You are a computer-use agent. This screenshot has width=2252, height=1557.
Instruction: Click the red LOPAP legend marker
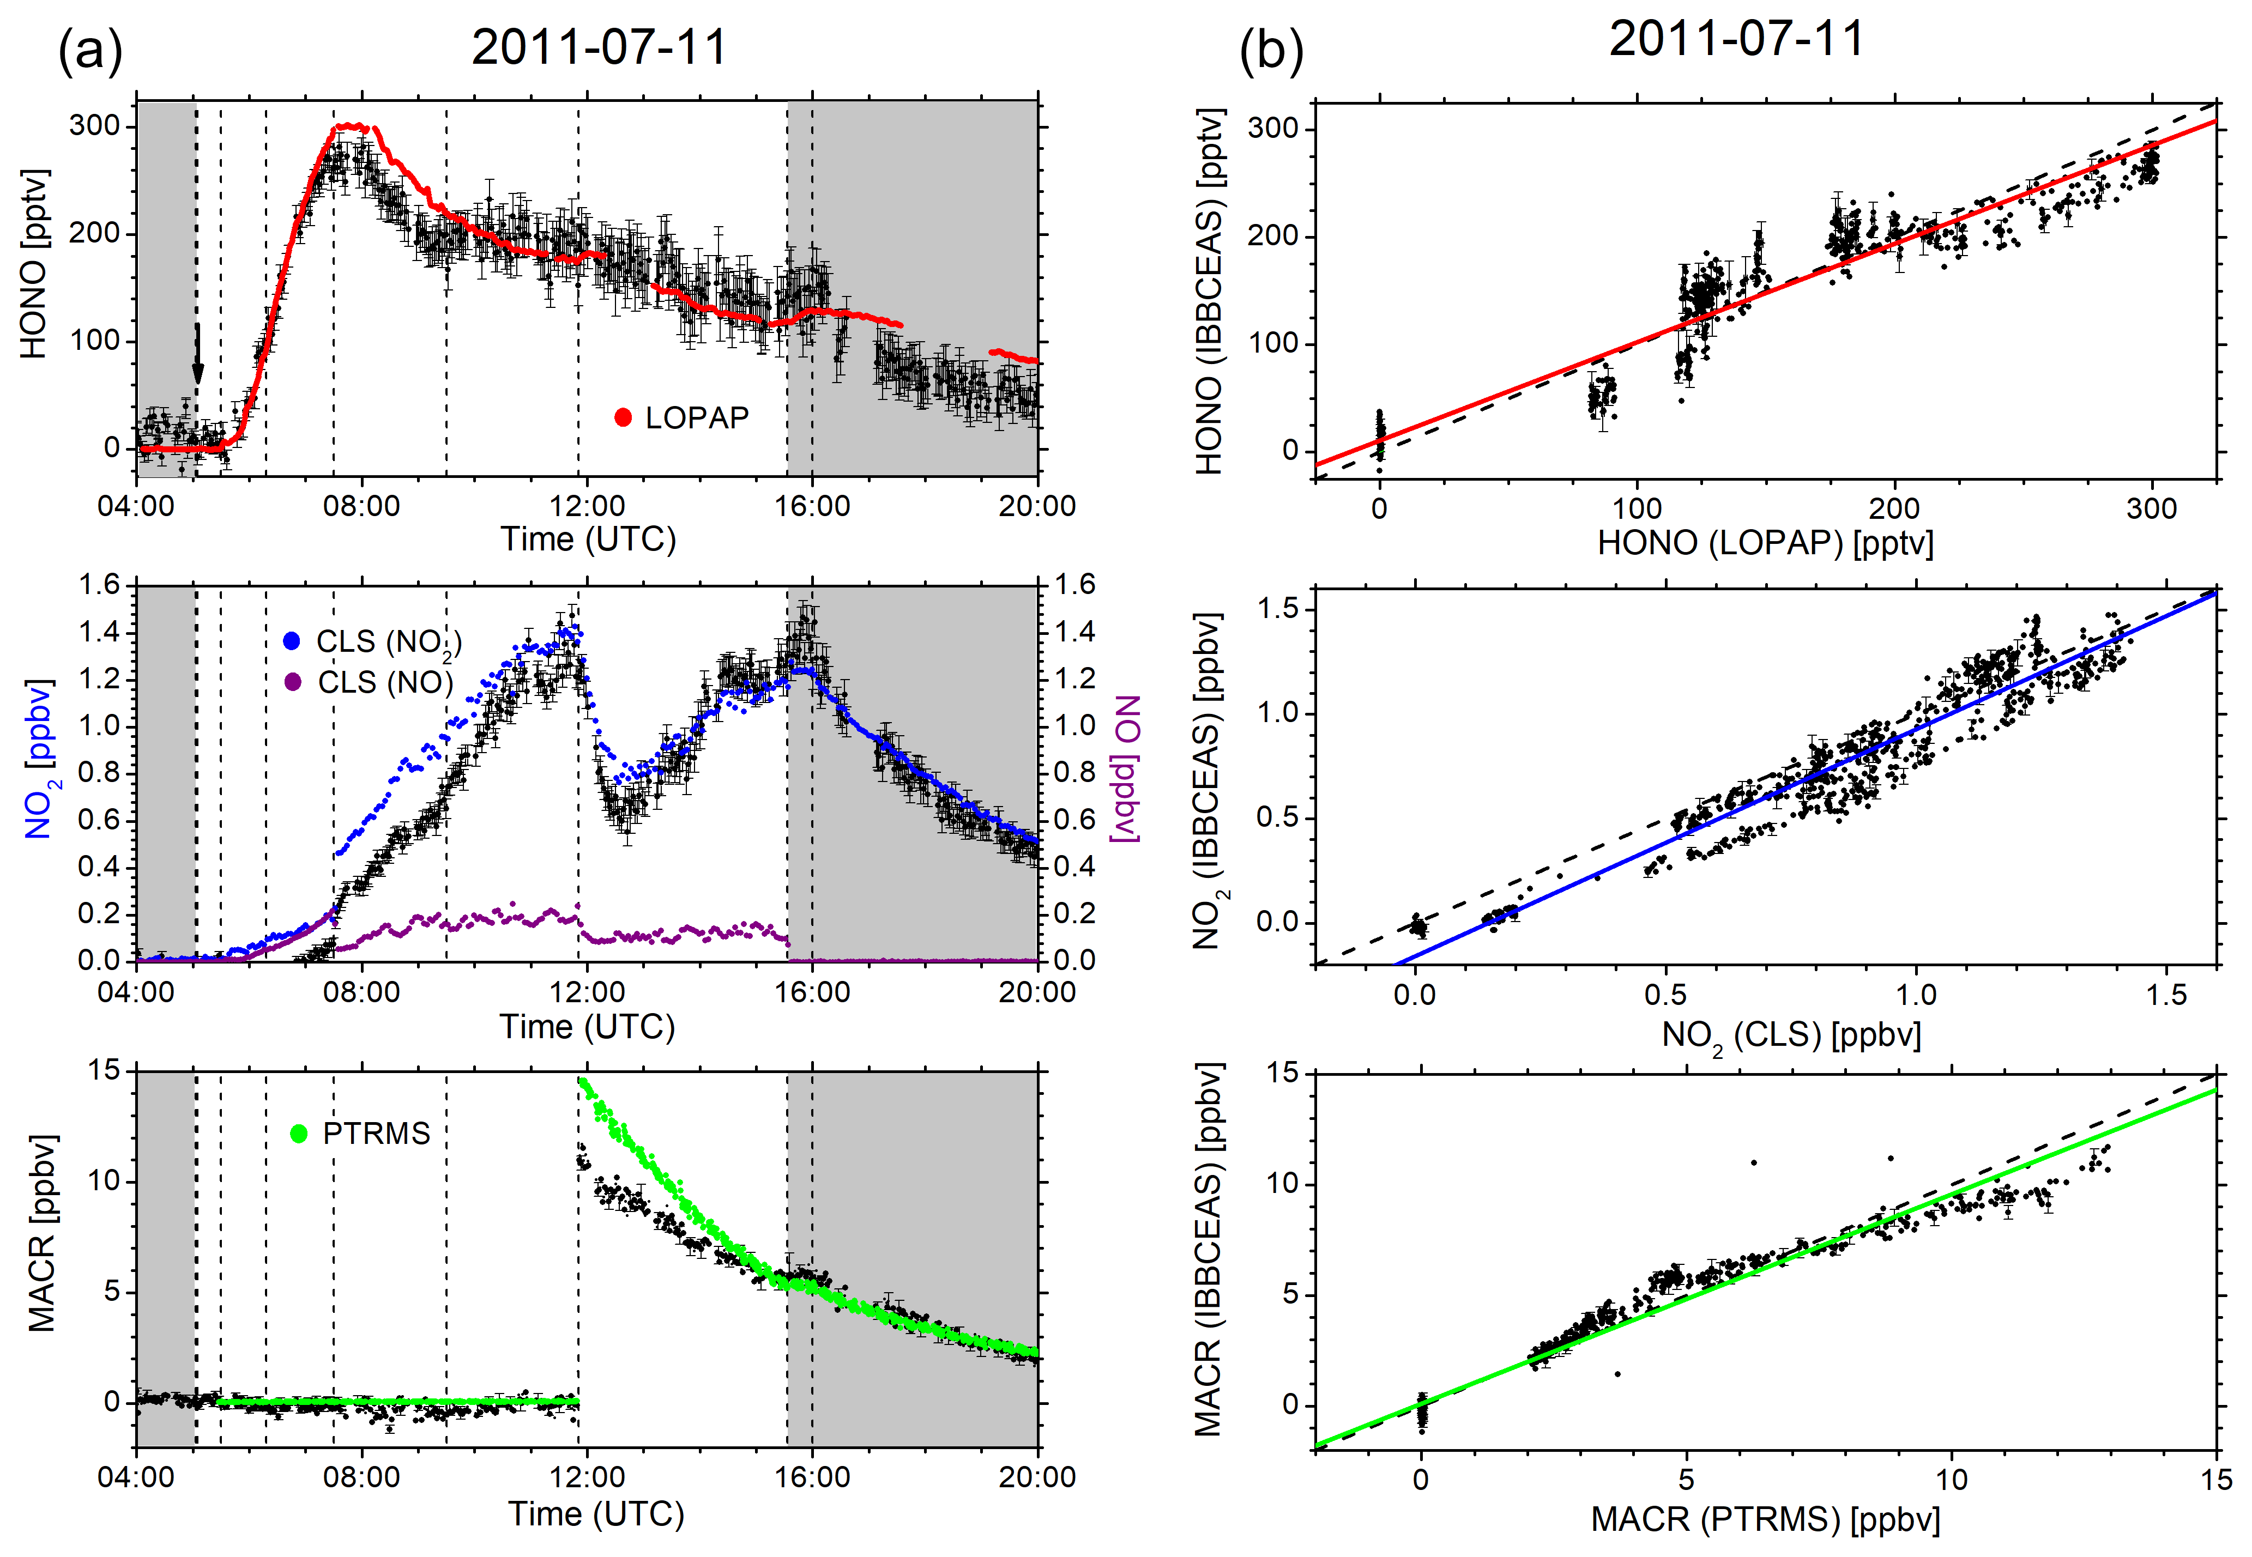[x=623, y=419]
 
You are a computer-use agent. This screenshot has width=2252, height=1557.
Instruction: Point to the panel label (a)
[x=90, y=51]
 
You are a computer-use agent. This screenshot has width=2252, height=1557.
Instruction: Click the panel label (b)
[x=1270, y=51]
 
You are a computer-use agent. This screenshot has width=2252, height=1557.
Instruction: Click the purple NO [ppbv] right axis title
[x=1127, y=768]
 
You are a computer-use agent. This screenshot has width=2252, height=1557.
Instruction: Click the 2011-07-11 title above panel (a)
[x=599, y=47]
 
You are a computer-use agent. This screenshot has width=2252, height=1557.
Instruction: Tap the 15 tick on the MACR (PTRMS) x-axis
[x=2216, y=1480]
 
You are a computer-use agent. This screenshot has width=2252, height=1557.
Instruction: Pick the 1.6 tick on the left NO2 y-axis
[x=99, y=585]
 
